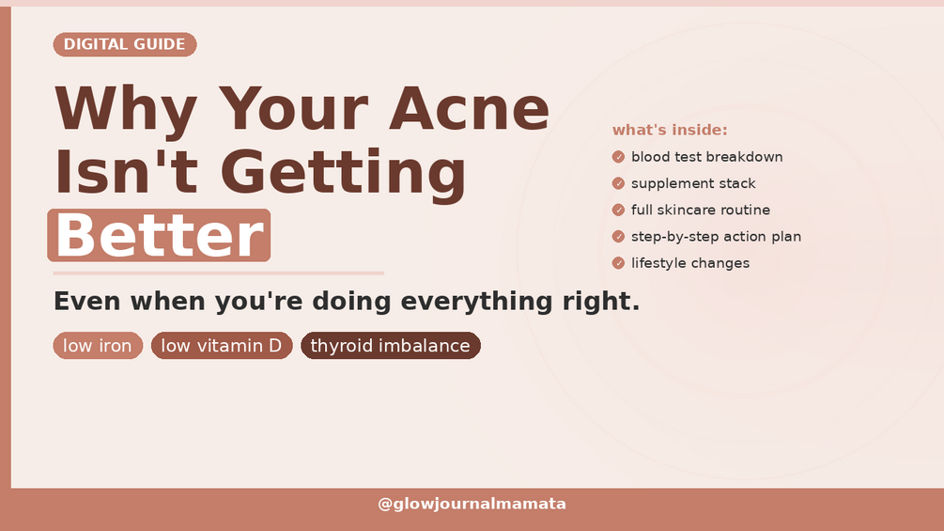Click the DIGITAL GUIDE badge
point(125,44)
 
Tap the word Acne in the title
point(469,108)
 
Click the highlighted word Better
point(159,235)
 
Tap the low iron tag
point(98,346)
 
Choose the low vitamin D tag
point(222,346)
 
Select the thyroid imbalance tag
point(391,346)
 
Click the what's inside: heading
point(670,130)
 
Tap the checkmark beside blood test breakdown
point(618,157)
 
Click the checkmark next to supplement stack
point(618,183)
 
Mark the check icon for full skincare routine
point(618,211)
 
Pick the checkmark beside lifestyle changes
point(618,263)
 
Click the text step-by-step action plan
point(717,237)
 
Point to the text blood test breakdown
point(706,157)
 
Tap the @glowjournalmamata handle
point(472,504)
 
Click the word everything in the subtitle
point(476,302)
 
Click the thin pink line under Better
point(219,273)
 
